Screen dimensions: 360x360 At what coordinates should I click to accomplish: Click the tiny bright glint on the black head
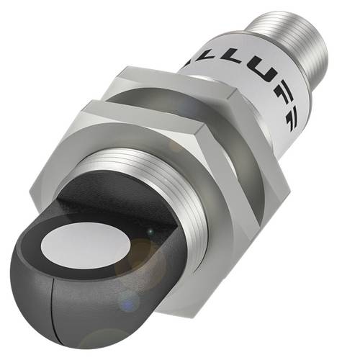(x=150, y=231)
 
